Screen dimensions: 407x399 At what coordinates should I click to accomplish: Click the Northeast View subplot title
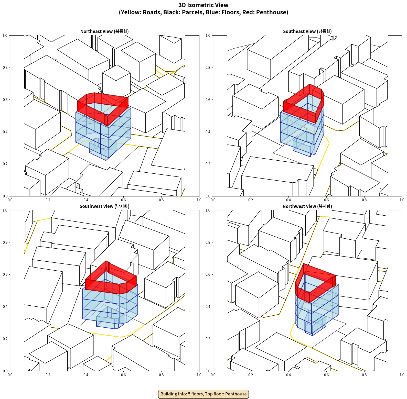tap(104, 31)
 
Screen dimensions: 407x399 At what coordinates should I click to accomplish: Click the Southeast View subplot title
tap(307, 31)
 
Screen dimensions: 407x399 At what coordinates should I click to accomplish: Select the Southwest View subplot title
tap(104, 206)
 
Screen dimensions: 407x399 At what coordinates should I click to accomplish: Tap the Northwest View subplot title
tap(307, 206)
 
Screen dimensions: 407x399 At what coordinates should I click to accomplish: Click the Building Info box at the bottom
tap(203, 394)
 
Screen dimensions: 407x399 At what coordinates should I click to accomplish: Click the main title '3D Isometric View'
tap(203, 5)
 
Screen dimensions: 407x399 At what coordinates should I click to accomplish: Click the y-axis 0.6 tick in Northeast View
tap(5, 100)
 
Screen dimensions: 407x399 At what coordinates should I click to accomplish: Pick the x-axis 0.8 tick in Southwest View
tap(161, 375)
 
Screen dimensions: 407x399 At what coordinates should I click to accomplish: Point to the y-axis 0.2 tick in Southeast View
tap(208, 164)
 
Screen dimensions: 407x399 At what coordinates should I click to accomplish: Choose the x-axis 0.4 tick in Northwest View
tap(288, 375)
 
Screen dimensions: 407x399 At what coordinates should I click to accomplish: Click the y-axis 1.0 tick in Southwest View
tap(5, 210)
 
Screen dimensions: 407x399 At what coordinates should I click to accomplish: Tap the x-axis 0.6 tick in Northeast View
tap(123, 200)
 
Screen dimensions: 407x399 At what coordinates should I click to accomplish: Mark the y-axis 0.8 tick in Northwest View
tap(208, 242)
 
